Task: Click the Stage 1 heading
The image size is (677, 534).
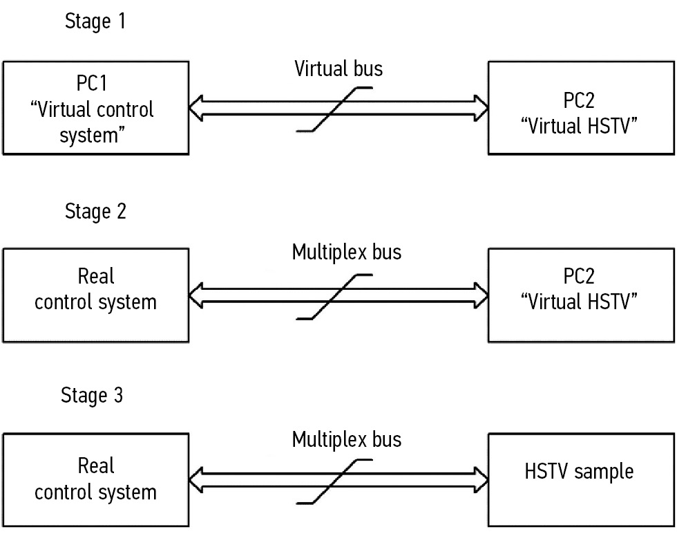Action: [95, 22]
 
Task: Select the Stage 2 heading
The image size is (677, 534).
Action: [95, 211]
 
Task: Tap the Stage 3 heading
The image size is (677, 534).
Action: [93, 396]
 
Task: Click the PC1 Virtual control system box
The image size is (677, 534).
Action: [95, 108]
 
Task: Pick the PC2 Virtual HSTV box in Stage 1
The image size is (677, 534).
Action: [579, 108]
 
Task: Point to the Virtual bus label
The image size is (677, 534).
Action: [338, 68]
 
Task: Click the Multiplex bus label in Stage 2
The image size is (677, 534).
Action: [346, 252]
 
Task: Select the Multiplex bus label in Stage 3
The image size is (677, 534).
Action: [346, 439]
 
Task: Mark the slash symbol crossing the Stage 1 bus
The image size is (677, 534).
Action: [334, 108]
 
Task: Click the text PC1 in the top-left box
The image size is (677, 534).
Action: [95, 84]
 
